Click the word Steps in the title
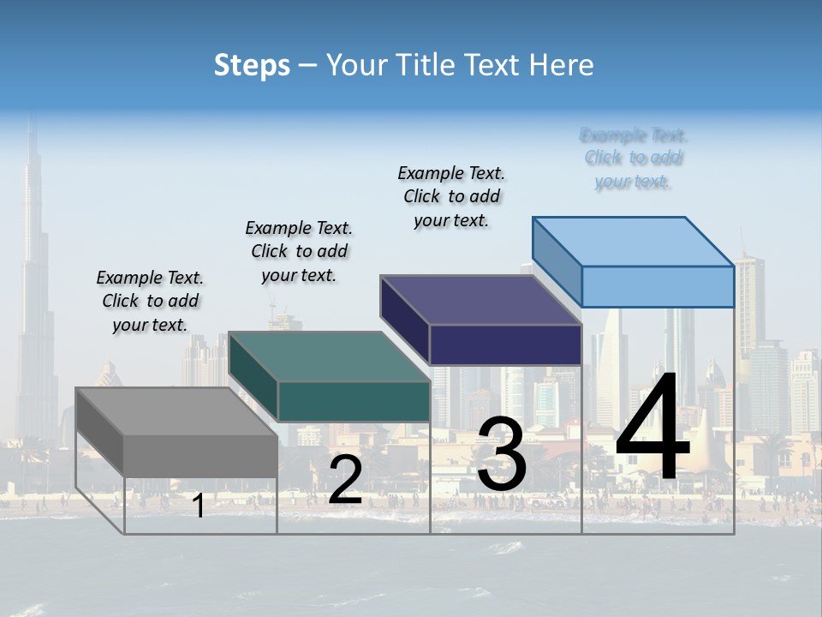point(252,65)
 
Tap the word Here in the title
point(562,65)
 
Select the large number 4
point(652,428)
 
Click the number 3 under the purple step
point(502,453)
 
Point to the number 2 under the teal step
point(345,480)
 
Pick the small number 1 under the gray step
point(199,506)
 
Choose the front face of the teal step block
point(354,401)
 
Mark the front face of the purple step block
point(505,344)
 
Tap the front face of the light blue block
point(658,286)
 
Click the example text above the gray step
point(150,301)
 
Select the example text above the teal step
point(299,251)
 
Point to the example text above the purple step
point(451,196)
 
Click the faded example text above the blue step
point(634,159)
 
